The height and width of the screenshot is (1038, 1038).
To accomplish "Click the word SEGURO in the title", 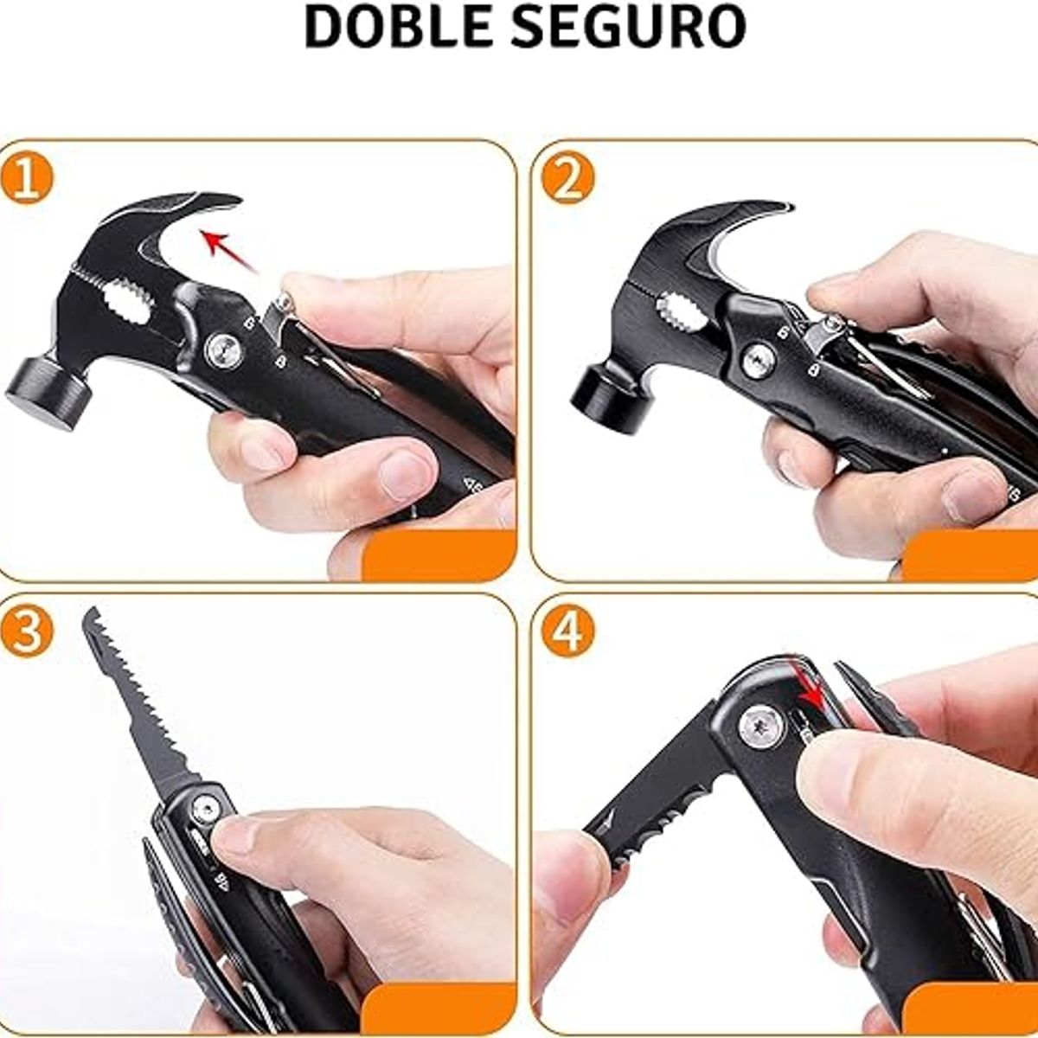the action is coord(627,27).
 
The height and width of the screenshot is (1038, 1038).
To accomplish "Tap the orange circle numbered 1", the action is coord(27,177).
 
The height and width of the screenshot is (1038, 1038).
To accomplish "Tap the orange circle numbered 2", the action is coord(567,177).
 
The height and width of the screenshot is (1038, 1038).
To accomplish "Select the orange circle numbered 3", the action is coord(27,630).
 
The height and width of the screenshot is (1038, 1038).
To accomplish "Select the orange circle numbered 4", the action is coord(567,630).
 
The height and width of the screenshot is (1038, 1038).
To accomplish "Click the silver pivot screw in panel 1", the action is coord(223,350).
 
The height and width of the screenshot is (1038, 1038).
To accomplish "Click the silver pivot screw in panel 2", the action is coord(759,361).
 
